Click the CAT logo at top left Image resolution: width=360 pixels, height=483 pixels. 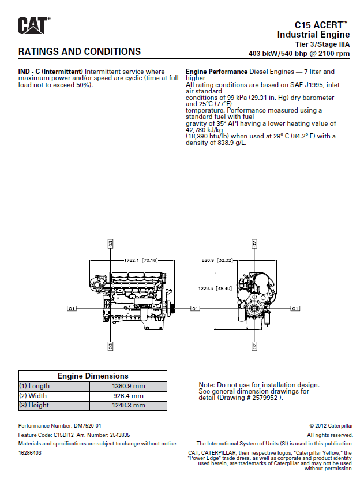[x=33, y=25]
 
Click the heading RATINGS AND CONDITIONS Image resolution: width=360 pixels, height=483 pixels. [x=80, y=51]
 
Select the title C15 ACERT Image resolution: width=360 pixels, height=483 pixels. [x=321, y=25]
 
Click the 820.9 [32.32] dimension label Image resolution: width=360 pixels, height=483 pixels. [x=217, y=260]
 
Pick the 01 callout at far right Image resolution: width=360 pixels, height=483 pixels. [x=295, y=309]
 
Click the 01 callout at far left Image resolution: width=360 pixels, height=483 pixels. [x=72, y=309]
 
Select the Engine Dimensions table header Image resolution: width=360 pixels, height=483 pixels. [x=93, y=376]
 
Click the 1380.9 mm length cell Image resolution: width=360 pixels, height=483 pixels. [x=128, y=386]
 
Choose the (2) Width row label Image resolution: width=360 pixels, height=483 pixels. [x=34, y=396]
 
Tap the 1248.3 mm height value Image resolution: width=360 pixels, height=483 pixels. [x=128, y=406]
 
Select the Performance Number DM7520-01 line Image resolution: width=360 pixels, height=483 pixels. [x=60, y=426]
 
